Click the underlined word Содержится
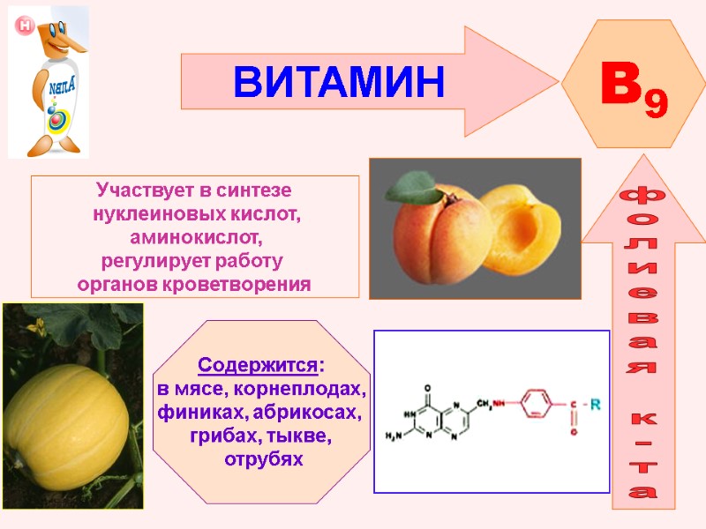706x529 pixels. tap(258, 365)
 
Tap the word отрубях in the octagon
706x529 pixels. tap(263, 460)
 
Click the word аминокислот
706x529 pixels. tap(196, 238)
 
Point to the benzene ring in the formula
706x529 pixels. tap(535, 405)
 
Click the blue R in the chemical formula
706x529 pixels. tap(596, 406)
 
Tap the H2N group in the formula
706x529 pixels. tap(395, 436)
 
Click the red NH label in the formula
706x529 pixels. tap(499, 404)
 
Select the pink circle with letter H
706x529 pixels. tap(24, 26)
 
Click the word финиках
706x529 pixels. tap(200, 413)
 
